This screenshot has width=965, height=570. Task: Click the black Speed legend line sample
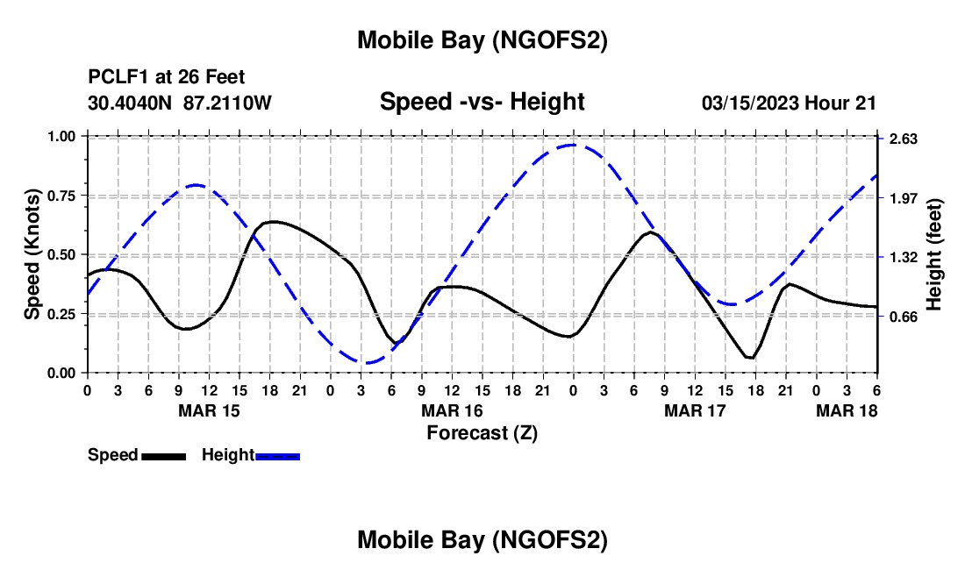click(163, 456)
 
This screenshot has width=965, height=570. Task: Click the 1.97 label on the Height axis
click(904, 198)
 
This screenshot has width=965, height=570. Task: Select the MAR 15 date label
click(209, 410)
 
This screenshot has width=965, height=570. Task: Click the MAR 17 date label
click(695, 410)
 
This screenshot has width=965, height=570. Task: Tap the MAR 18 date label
click(847, 410)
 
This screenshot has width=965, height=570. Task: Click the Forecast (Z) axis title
click(482, 432)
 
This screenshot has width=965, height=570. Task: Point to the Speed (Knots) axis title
click(32, 254)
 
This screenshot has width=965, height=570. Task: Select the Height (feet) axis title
click(934, 254)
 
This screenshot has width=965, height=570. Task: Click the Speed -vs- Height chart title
click(482, 102)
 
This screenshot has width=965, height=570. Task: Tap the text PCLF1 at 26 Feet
click(167, 77)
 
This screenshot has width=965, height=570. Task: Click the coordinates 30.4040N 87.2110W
click(180, 103)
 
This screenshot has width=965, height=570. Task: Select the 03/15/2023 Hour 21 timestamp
click(789, 103)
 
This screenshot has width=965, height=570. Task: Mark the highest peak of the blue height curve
click(573, 145)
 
